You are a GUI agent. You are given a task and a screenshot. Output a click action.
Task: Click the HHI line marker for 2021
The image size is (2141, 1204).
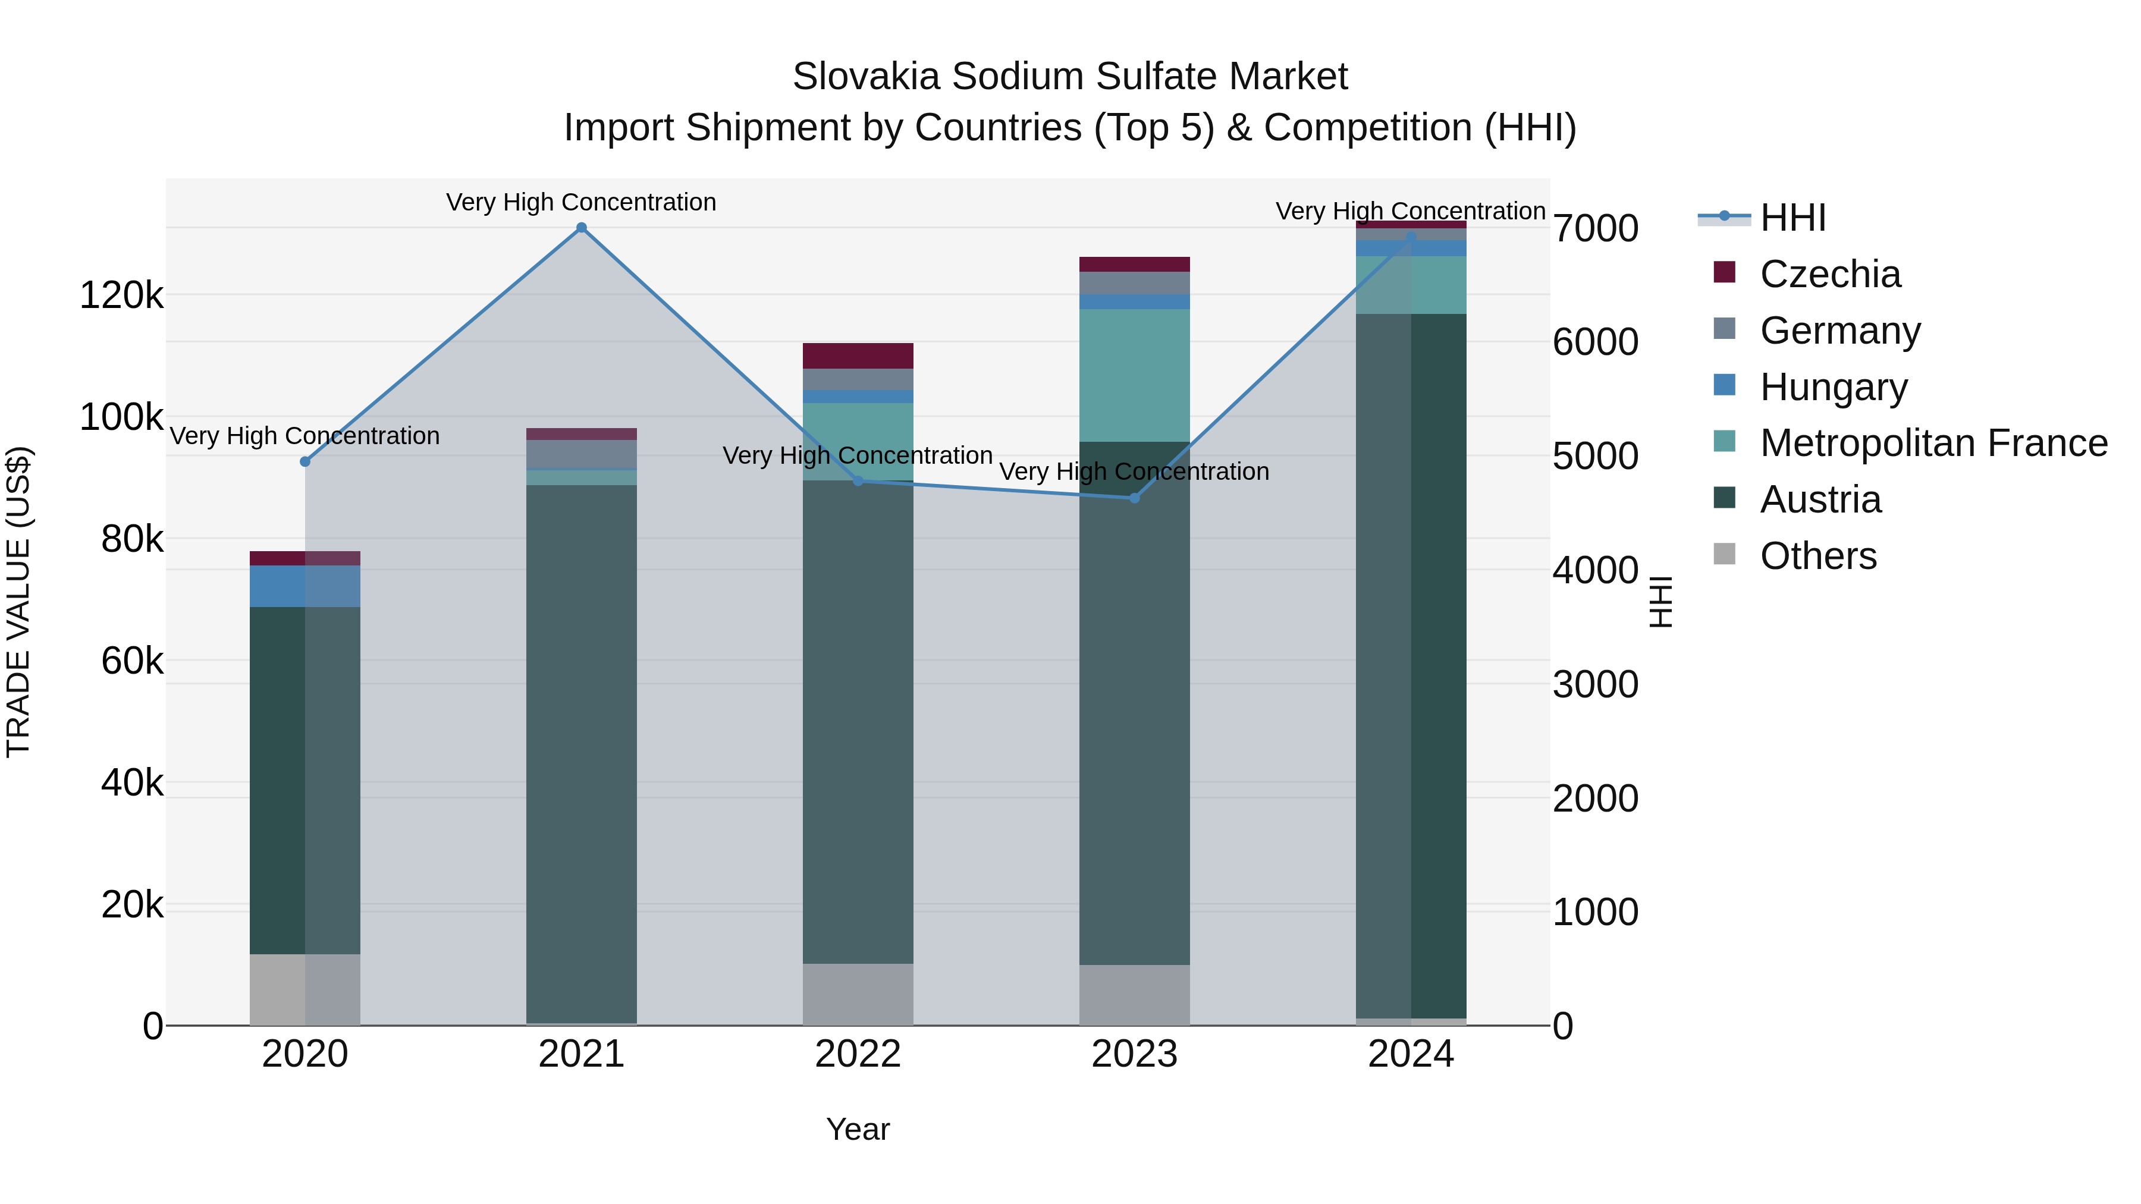(x=581, y=228)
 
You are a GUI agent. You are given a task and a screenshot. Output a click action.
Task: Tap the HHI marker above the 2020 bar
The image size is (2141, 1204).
(x=305, y=461)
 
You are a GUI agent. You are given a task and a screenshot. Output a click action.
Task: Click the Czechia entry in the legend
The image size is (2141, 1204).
(x=1829, y=274)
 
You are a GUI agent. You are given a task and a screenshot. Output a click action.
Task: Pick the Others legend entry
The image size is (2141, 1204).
(x=1817, y=556)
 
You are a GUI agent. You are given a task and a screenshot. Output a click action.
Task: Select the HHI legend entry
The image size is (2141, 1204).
(x=1792, y=218)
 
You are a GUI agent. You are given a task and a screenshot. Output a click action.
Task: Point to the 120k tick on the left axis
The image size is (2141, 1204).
(x=121, y=295)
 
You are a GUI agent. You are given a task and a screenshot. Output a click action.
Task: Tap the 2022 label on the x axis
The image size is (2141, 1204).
(x=858, y=1054)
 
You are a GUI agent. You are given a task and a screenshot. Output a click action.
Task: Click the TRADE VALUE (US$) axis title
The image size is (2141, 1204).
(x=18, y=602)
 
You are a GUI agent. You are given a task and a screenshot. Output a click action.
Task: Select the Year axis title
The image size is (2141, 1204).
(x=858, y=1129)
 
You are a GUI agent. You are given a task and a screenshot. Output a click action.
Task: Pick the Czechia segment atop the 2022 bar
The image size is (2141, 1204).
(x=858, y=356)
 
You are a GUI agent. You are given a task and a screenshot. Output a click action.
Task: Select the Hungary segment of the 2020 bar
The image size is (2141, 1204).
(x=305, y=586)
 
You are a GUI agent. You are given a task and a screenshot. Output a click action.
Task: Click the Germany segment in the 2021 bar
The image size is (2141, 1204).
(x=581, y=454)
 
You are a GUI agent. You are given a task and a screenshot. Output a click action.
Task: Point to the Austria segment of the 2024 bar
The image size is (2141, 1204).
(x=1411, y=665)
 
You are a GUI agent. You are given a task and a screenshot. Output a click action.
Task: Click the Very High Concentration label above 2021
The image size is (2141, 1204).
(x=581, y=202)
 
